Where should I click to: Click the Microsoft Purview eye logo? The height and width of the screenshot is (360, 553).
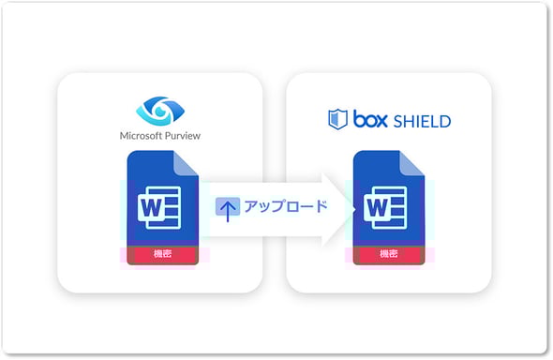tap(160, 110)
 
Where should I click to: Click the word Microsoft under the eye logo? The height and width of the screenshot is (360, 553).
tap(142, 135)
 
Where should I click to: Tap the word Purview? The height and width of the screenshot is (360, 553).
tap(183, 135)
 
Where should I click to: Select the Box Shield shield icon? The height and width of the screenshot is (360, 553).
tap(337, 119)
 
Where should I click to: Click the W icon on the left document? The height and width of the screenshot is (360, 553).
tap(152, 207)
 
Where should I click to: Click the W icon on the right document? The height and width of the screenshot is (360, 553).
tap(379, 208)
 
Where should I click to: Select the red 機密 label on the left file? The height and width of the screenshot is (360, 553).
tap(159, 254)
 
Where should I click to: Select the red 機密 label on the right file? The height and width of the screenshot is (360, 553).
tap(386, 254)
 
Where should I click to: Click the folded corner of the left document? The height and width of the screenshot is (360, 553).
tap(185, 163)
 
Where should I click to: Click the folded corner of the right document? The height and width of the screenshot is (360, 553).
tap(411, 163)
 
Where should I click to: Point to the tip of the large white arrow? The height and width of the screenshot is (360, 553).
tap(348, 207)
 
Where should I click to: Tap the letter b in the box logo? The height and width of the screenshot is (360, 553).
tap(359, 119)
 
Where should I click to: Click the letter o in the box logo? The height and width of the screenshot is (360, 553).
tap(372, 121)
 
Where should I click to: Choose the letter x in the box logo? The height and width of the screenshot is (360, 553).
tap(385, 121)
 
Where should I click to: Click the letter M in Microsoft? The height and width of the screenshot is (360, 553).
tap(125, 135)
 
